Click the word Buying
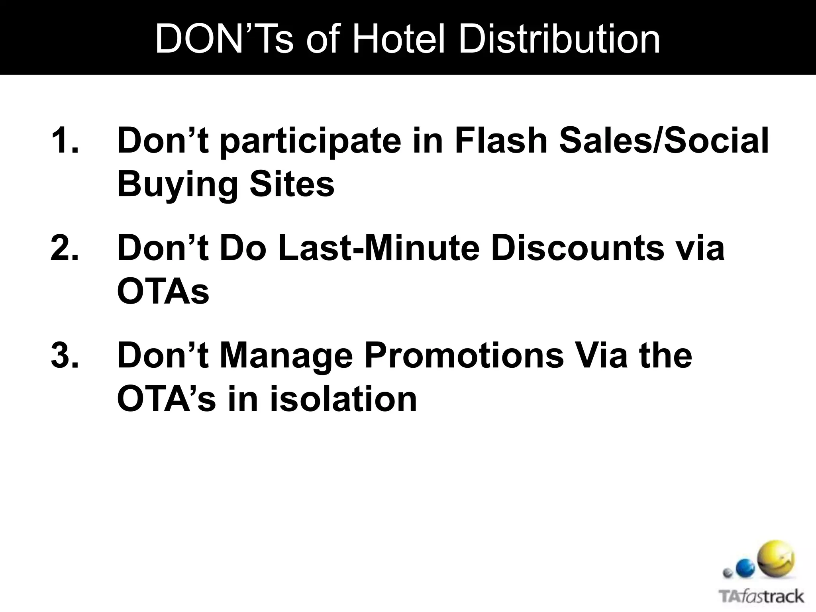(177, 185)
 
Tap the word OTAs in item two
(163, 292)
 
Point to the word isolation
(343, 399)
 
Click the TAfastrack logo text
(761, 597)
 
